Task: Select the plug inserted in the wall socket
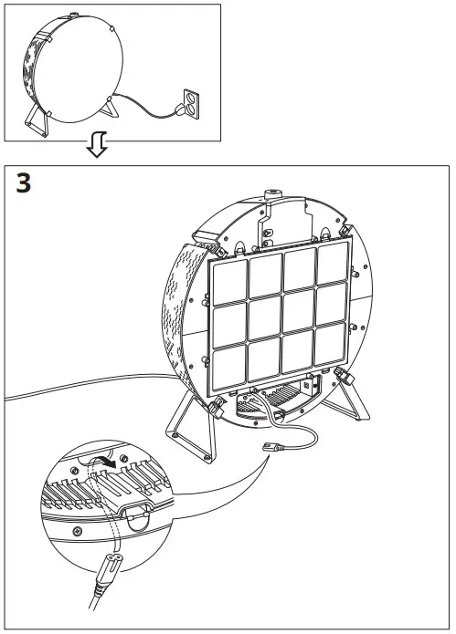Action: tap(176, 110)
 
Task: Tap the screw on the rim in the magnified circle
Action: tap(77, 528)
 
